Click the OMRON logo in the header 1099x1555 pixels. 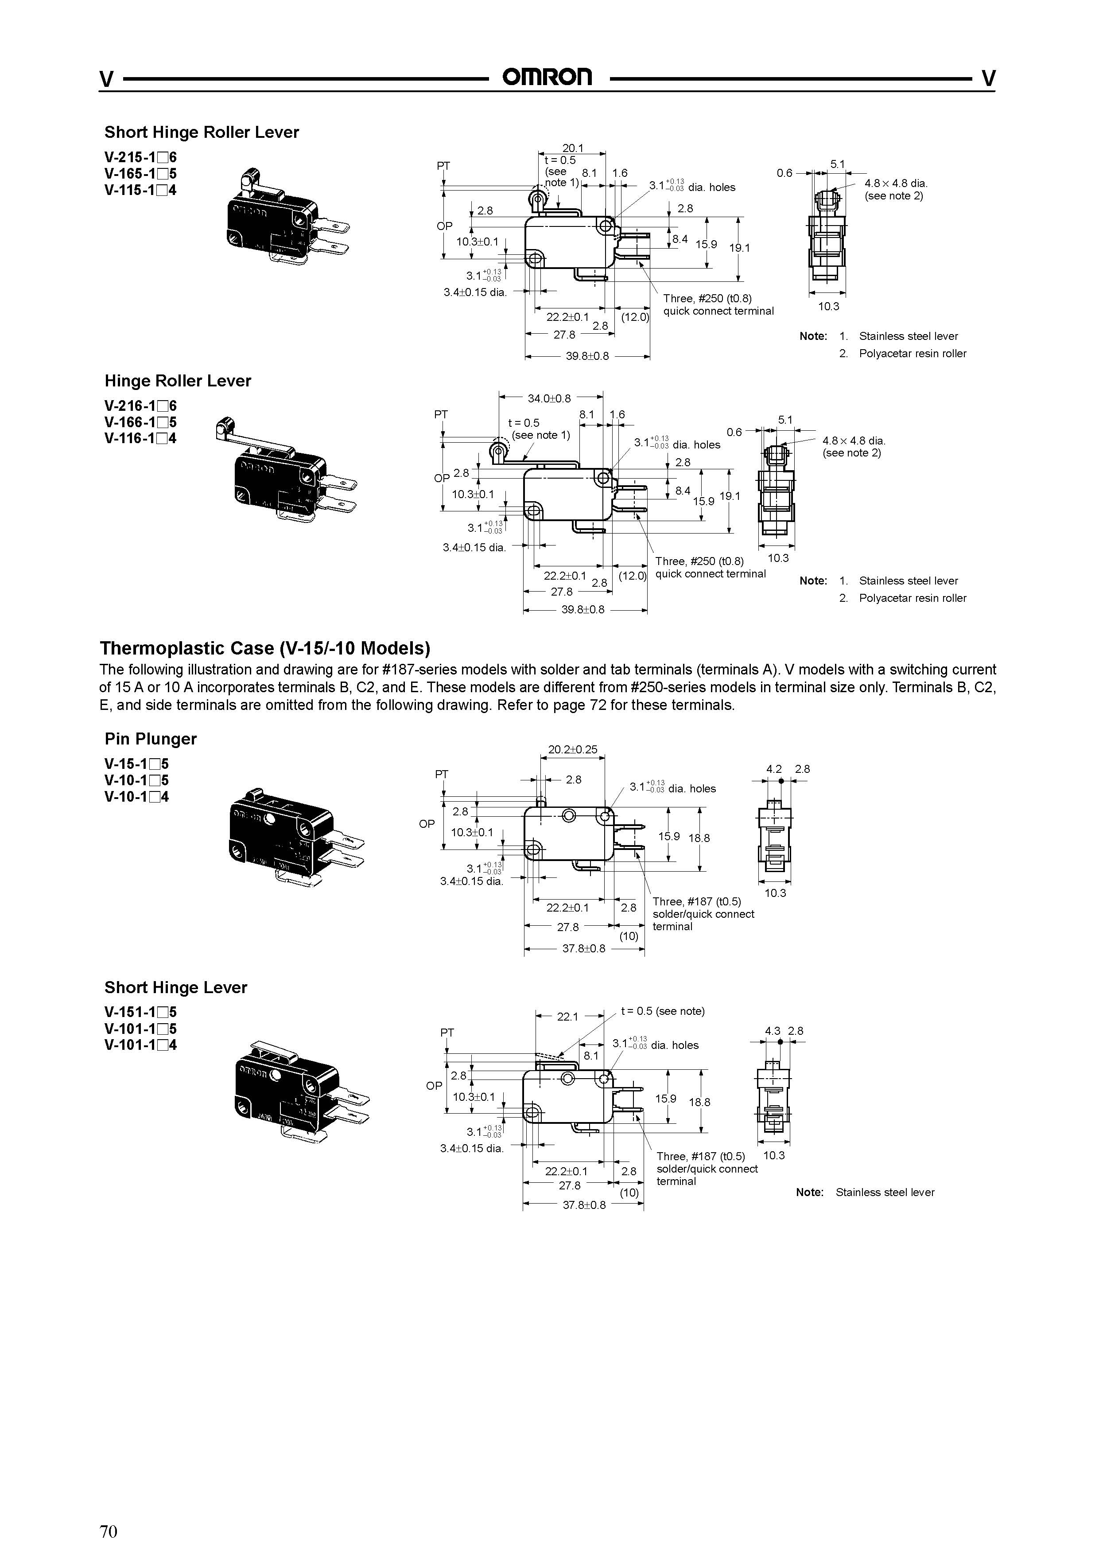click(x=547, y=77)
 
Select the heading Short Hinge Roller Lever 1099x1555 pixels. click(x=201, y=132)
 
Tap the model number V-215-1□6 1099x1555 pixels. click(x=140, y=158)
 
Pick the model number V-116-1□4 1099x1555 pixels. click(x=140, y=438)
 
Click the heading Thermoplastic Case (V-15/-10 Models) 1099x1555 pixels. click(x=265, y=648)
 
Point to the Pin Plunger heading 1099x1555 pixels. click(x=150, y=738)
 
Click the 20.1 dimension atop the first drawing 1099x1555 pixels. click(x=572, y=148)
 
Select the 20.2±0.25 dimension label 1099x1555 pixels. click(x=572, y=750)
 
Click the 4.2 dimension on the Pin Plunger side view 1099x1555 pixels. click(x=773, y=769)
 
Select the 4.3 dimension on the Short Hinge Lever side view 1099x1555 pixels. click(x=773, y=1031)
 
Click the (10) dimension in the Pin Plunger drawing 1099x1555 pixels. click(x=629, y=936)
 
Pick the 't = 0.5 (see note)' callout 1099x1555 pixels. click(x=662, y=1011)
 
